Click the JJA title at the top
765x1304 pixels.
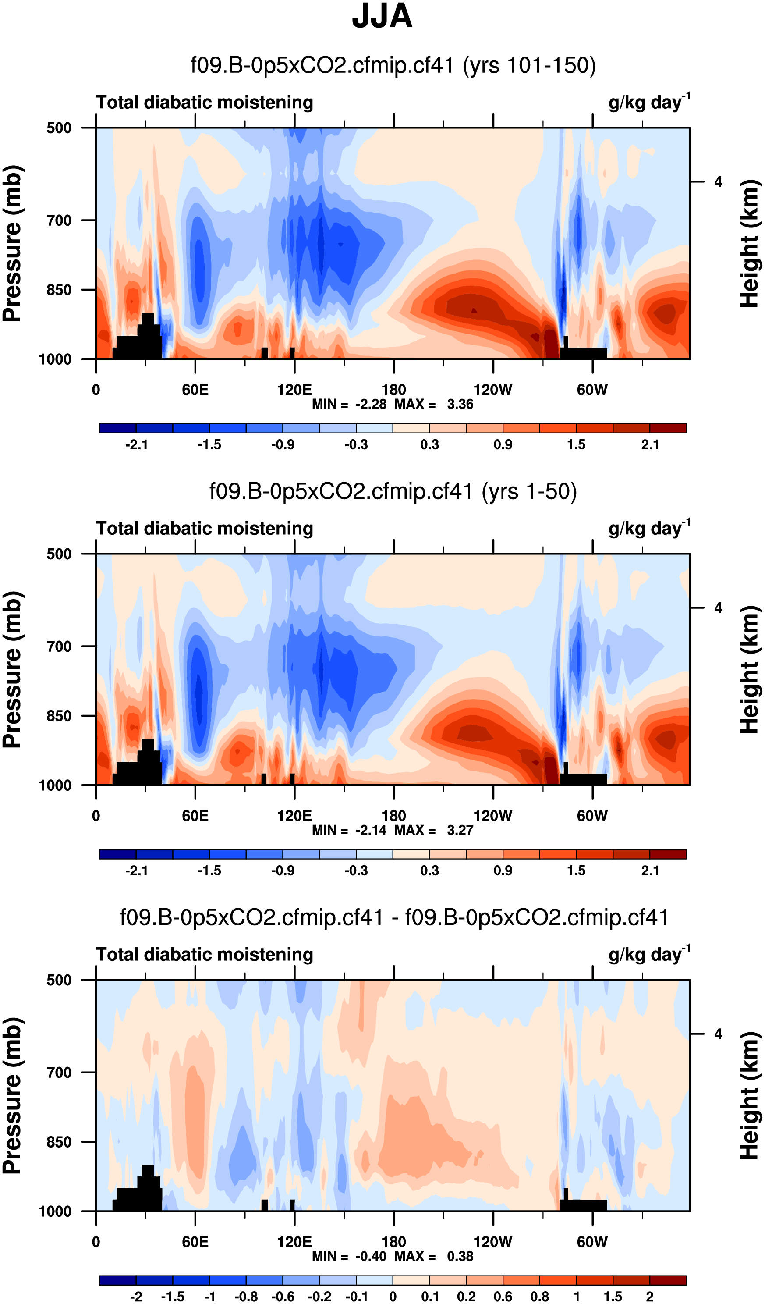click(382, 17)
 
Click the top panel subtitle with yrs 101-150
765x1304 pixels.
click(393, 66)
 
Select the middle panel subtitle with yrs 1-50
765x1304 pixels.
click(393, 492)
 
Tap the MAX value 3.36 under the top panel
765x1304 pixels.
click(460, 404)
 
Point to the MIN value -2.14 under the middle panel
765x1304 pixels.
click(371, 830)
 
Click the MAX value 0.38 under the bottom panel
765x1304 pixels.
click(460, 1256)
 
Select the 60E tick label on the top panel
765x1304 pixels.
click(195, 390)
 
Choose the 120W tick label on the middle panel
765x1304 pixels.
click(493, 816)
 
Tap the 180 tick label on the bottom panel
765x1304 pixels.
click(393, 1242)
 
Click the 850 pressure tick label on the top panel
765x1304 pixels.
click(59, 290)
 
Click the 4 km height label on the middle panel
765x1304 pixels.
click(718, 608)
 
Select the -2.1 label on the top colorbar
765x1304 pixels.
click(137, 445)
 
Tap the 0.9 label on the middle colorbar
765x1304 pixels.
click(503, 871)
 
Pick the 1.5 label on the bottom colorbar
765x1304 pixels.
click(613, 1297)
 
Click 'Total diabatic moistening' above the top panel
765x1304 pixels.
click(204, 103)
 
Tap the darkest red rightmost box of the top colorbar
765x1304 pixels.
click(668, 428)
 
